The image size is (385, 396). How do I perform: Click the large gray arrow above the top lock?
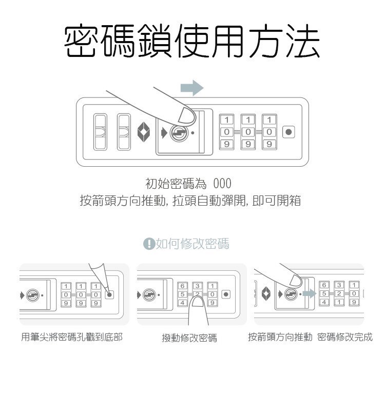pyautogui.click(x=192, y=88)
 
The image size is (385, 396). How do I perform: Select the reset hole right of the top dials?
pyautogui.click(x=290, y=132)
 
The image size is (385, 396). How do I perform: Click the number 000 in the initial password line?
pyautogui.click(x=222, y=183)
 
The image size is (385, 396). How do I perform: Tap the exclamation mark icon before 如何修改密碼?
pyautogui.click(x=149, y=244)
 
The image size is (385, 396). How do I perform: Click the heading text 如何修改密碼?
pyautogui.click(x=192, y=244)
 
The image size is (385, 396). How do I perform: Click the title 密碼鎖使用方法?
pyautogui.click(x=192, y=41)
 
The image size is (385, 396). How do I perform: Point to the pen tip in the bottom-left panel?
pyautogui.click(x=107, y=290)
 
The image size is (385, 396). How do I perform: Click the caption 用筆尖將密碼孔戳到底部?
pyautogui.click(x=72, y=337)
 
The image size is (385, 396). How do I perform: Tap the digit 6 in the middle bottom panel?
pyautogui.click(x=183, y=286)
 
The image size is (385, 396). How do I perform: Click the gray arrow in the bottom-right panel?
pyautogui.click(x=309, y=294)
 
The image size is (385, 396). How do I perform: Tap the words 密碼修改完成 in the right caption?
pyautogui.click(x=345, y=337)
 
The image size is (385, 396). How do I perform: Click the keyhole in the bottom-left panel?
pyautogui.click(x=33, y=295)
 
